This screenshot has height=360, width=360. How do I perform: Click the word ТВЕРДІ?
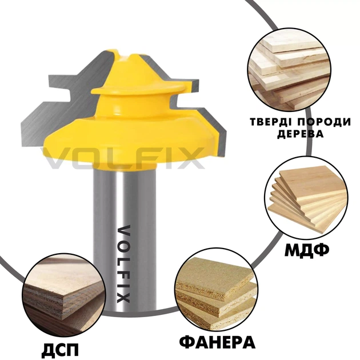point(269,122)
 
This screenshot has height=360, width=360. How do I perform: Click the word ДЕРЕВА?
point(301,134)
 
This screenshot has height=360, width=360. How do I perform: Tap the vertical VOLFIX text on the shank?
point(124,264)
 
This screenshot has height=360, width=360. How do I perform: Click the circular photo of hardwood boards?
point(289,70)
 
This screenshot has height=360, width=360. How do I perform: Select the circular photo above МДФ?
point(307,198)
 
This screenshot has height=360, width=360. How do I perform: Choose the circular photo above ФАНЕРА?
point(217,289)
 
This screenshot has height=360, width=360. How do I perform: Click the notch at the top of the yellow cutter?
point(125,56)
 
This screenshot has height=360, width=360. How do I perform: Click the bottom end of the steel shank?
point(125,312)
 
